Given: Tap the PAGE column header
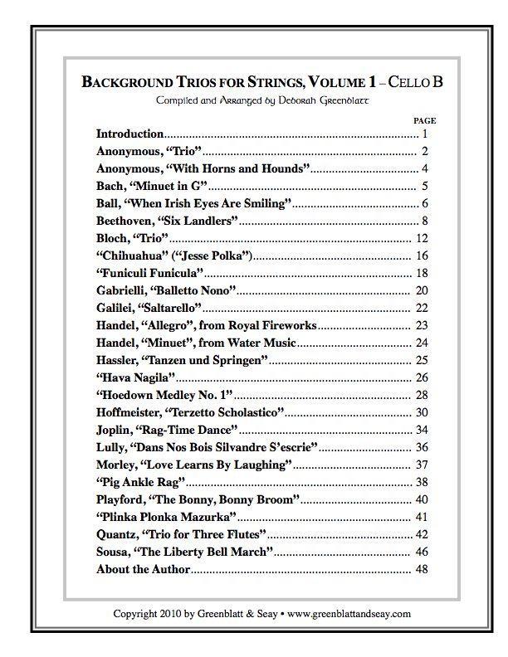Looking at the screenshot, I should click(x=424, y=121).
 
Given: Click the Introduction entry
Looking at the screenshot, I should click(x=129, y=134).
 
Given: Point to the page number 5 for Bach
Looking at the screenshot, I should click(x=424, y=186).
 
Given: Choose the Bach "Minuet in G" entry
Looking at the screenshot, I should click(x=151, y=186).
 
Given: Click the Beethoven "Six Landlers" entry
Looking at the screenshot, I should click(x=168, y=221).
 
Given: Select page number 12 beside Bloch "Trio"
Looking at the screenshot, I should click(x=422, y=238).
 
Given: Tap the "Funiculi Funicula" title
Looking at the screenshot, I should click(x=150, y=273).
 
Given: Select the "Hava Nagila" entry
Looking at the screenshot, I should click(x=136, y=377).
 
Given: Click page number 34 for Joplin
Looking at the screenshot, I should click(x=422, y=430).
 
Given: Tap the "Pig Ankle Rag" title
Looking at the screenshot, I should click(x=140, y=482).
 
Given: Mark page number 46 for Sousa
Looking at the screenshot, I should click(x=422, y=552).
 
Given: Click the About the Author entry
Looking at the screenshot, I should click(x=144, y=569).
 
